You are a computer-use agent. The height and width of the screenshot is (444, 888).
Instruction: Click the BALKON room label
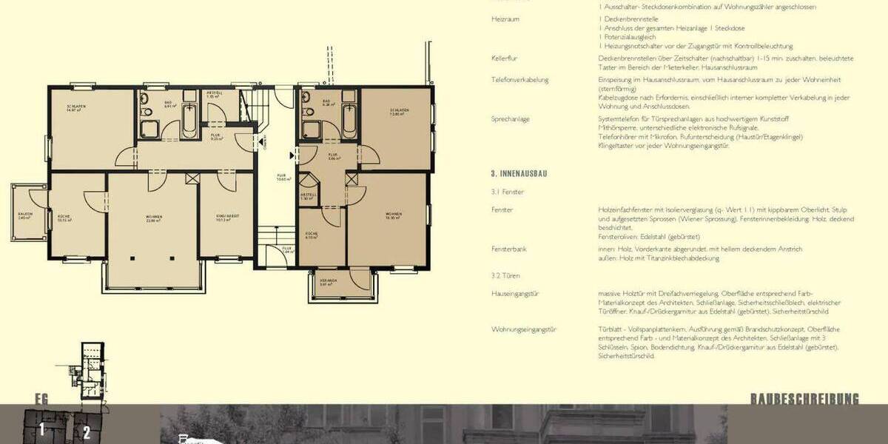24,217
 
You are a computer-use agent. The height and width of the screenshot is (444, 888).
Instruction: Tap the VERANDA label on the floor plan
329,282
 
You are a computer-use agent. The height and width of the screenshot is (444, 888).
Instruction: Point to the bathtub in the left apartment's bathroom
189,115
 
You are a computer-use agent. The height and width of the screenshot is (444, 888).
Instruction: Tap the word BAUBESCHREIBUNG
805,400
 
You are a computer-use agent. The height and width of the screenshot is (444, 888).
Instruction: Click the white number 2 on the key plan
87,433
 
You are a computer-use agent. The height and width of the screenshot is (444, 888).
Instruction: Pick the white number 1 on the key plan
42,429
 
